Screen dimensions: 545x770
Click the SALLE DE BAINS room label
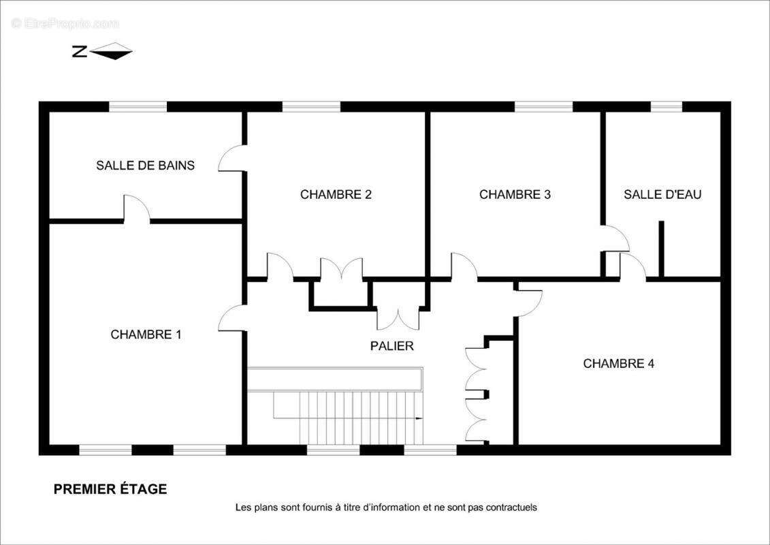tap(145, 166)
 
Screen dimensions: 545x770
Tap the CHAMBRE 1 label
tap(146, 334)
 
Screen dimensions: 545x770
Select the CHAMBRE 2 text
tap(336, 194)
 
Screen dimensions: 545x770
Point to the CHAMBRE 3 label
tap(515, 194)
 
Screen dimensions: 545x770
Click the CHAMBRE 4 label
tap(618, 364)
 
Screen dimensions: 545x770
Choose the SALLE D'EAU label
tap(662, 194)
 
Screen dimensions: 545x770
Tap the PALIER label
tap(391, 346)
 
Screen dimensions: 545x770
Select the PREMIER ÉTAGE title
tap(110, 489)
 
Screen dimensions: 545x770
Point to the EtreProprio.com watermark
tap(65, 24)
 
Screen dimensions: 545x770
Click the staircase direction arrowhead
tap(419, 418)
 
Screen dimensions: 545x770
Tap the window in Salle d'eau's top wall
tap(667, 106)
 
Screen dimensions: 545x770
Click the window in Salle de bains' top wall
tap(138, 106)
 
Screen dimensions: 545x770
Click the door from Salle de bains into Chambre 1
tap(136, 209)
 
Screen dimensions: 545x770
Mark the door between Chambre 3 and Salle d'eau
tap(615, 238)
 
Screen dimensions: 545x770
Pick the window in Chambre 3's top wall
tap(543, 106)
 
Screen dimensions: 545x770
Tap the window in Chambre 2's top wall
tap(311, 106)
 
